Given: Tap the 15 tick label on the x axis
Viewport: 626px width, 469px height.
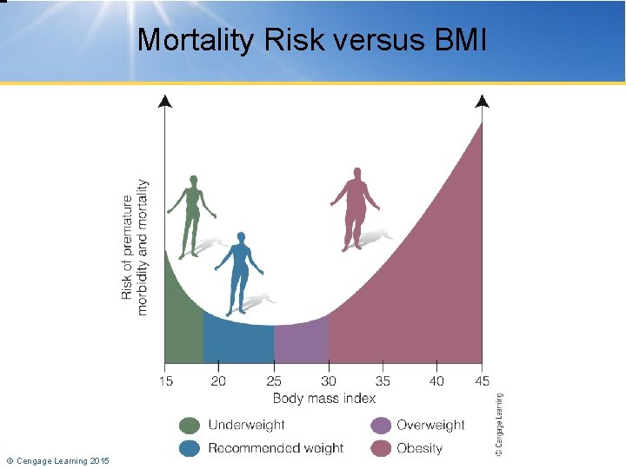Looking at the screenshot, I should pyautogui.click(x=166, y=380).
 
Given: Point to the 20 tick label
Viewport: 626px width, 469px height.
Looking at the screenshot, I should pyautogui.click(x=218, y=380).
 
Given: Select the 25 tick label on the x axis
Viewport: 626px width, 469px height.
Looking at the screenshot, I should pyautogui.click(x=274, y=380).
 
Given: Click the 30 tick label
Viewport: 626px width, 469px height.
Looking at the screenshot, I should pyautogui.click(x=329, y=380).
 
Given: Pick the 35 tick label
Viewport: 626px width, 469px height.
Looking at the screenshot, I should pyautogui.click(x=383, y=380).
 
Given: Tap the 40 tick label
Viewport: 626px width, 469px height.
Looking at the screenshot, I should pyautogui.click(x=437, y=380).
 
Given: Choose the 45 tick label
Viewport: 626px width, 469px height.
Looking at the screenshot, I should pyautogui.click(x=483, y=380).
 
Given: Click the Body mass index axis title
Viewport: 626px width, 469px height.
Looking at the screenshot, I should pyautogui.click(x=324, y=398).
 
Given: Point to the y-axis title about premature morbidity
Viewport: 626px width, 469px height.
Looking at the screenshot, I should pyautogui.click(x=134, y=248).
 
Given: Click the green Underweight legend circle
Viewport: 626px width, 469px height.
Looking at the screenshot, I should pyautogui.click(x=190, y=426).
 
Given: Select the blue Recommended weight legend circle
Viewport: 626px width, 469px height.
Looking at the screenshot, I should pyautogui.click(x=190, y=448).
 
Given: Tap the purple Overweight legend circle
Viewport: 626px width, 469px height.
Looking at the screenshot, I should pyautogui.click(x=380, y=426).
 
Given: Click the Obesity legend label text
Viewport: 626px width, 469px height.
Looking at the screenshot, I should pyautogui.click(x=419, y=448).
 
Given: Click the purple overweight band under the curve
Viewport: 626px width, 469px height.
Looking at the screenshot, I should pyautogui.click(x=301, y=343).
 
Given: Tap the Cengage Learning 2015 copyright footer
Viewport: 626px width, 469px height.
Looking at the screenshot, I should pyautogui.click(x=58, y=459).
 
